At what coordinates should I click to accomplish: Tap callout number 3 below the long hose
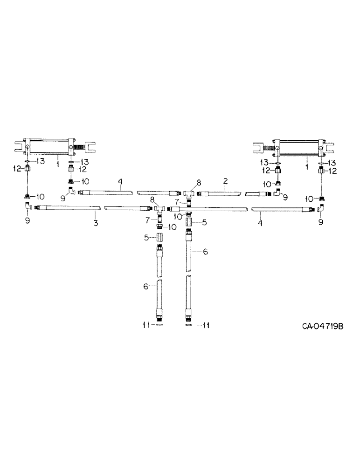pyautogui.click(x=96, y=223)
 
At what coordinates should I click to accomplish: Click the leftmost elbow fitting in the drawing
pyautogui.click(x=28, y=206)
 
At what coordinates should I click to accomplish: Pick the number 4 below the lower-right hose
pyautogui.click(x=260, y=223)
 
